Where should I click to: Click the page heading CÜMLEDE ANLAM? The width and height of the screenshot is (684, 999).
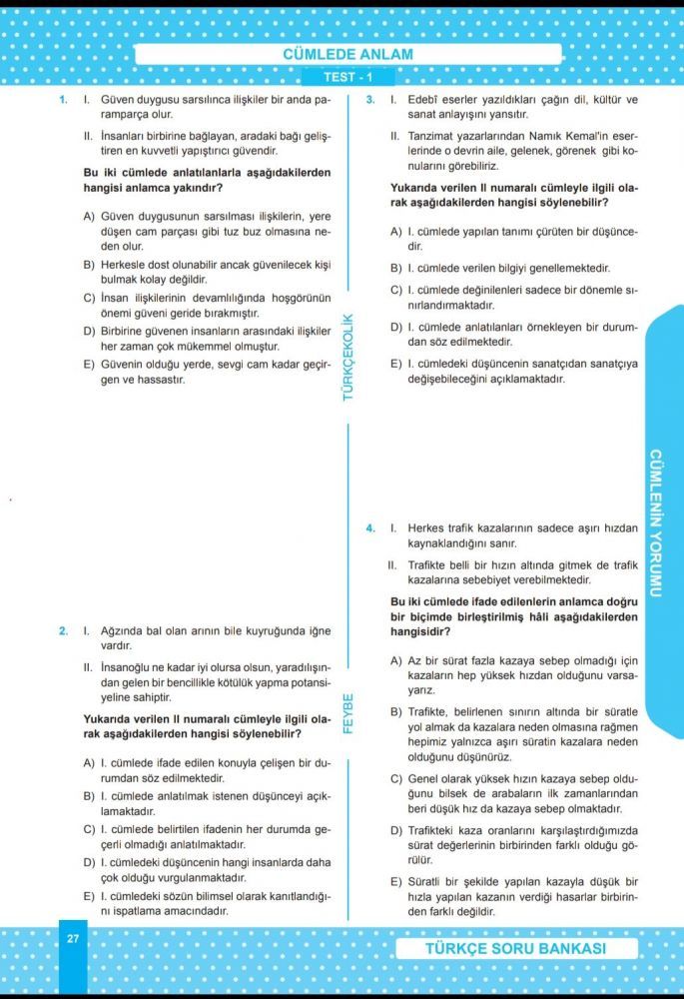(x=341, y=55)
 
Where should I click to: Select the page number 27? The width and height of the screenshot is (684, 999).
(x=73, y=939)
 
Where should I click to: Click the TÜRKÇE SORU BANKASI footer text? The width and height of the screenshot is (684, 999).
(x=516, y=948)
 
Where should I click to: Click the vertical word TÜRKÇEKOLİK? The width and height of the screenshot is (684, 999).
(x=348, y=357)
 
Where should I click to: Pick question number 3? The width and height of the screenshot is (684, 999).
(x=369, y=100)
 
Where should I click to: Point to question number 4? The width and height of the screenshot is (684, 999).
(x=369, y=527)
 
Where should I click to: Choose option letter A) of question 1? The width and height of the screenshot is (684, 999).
(x=89, y=216)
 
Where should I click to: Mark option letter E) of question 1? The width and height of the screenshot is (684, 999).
(x=89, y=365)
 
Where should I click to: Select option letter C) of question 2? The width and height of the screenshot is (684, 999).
(x=89, y=829)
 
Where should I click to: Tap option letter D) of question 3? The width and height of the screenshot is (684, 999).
(x=396, y=327)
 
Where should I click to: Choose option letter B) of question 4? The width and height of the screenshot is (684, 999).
(x=396, y=711)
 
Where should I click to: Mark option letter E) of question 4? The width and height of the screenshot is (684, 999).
(x=396, y=882)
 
